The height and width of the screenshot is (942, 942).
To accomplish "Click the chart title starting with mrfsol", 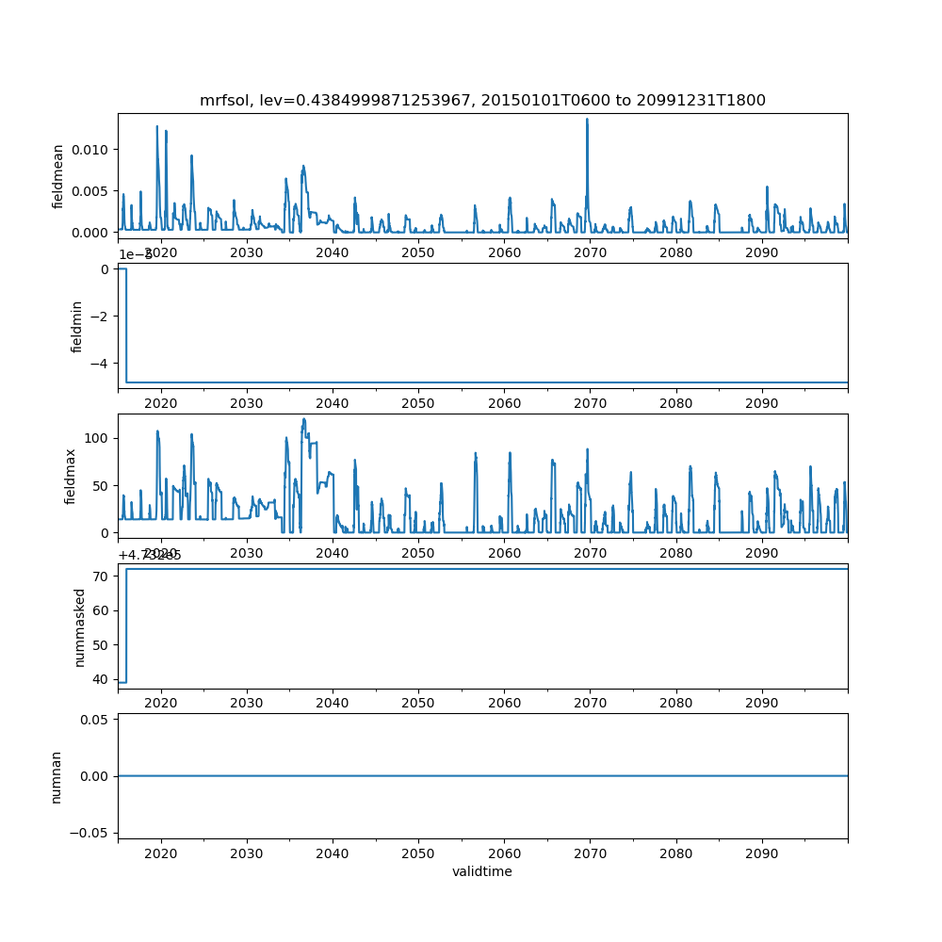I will point(482,100).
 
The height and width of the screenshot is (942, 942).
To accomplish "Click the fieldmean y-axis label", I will point(58,176).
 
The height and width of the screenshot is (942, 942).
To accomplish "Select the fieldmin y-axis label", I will point(77,326).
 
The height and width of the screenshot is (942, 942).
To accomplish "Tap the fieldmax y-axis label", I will point(71,477).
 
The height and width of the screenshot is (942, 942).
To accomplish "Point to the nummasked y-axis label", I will point(80,627).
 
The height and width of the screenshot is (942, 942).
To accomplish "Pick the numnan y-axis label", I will point(57,776).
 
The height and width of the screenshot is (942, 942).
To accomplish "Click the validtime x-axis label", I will point(482,871).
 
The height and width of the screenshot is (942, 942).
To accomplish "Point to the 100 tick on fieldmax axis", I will point(97,438).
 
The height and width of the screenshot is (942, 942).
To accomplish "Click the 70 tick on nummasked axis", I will point(103,576).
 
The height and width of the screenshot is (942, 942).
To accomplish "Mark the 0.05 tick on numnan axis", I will point(94,720).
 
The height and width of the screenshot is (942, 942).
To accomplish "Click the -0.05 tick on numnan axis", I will point(90,832).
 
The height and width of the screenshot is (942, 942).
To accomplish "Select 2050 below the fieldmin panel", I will point(418,403).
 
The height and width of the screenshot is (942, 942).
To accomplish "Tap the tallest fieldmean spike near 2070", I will point(587,119).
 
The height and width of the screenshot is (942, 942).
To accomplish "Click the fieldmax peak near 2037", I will point(304,419).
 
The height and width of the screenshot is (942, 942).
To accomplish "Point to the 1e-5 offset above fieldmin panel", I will point(136,254).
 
